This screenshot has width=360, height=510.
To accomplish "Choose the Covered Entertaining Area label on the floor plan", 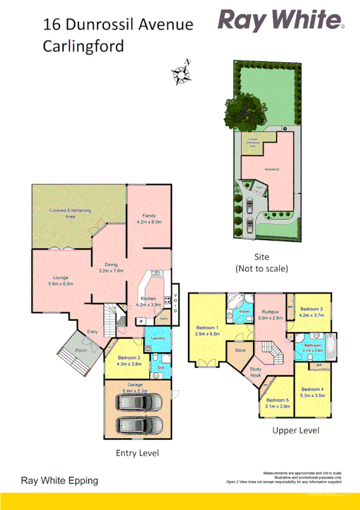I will [x=70, y=213].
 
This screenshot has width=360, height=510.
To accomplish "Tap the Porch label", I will [x=81, y=351].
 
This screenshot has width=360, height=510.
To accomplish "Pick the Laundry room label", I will [x=158, y=339].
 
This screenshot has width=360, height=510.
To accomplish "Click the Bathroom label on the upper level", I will [x=313, y=348].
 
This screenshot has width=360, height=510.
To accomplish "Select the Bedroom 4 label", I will [x=312, y=392].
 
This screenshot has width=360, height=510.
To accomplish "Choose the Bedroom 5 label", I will [x=277, y=403].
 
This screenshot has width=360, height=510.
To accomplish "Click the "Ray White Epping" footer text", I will [x=59, y=481].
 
